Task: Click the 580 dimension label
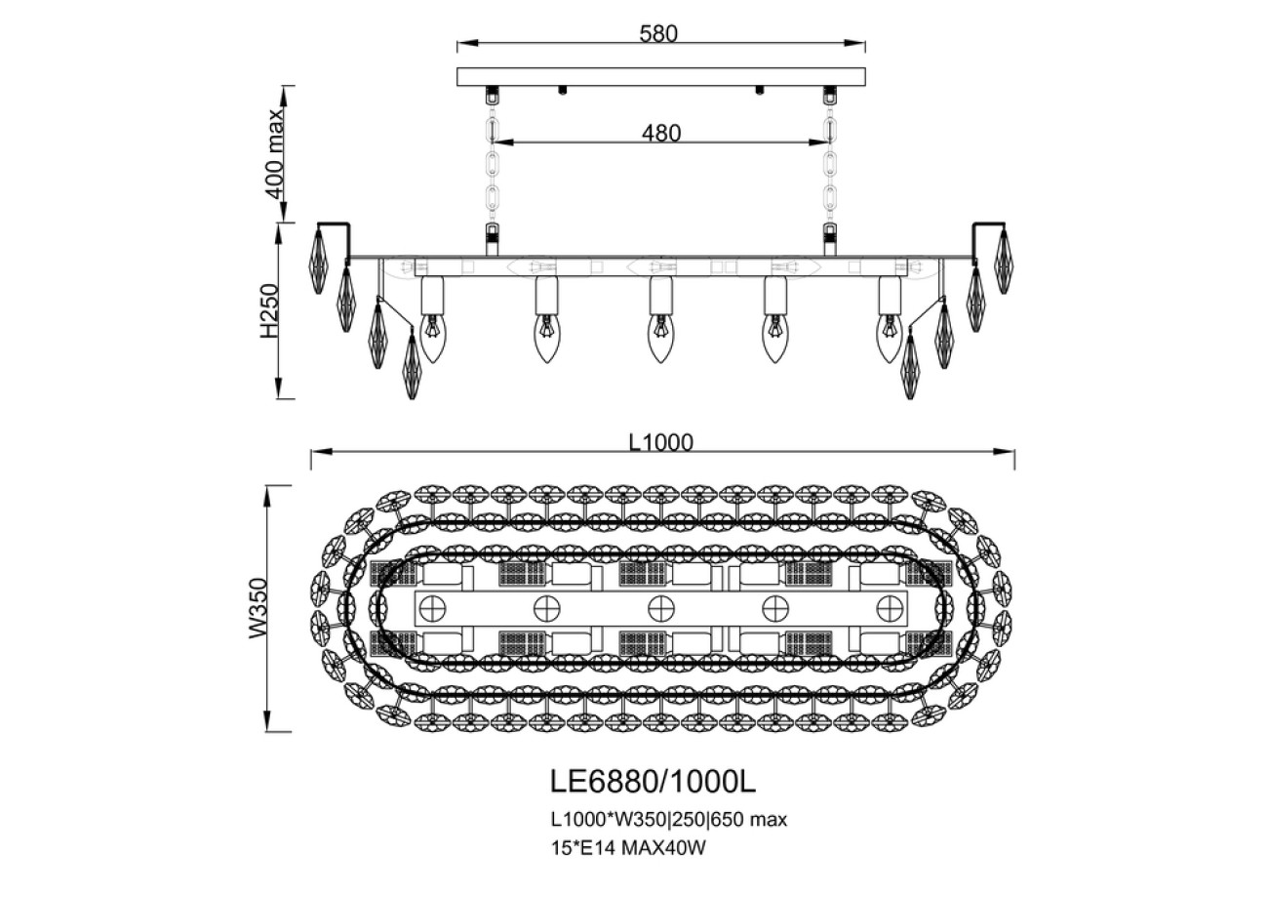[658, 33]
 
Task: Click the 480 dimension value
[660, 132]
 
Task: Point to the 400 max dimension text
[276, 153]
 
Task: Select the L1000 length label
[660, 442]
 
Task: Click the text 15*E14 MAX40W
[628, 848]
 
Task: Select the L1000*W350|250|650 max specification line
[668, 820]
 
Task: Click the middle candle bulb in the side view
[661, 338]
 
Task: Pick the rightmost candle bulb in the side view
[889, 338]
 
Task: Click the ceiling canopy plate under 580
[661, 76]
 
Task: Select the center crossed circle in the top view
[661, 608]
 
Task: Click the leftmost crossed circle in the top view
[430, 608]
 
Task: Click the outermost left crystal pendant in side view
[321, 260]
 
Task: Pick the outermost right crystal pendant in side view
[1003, 260]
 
